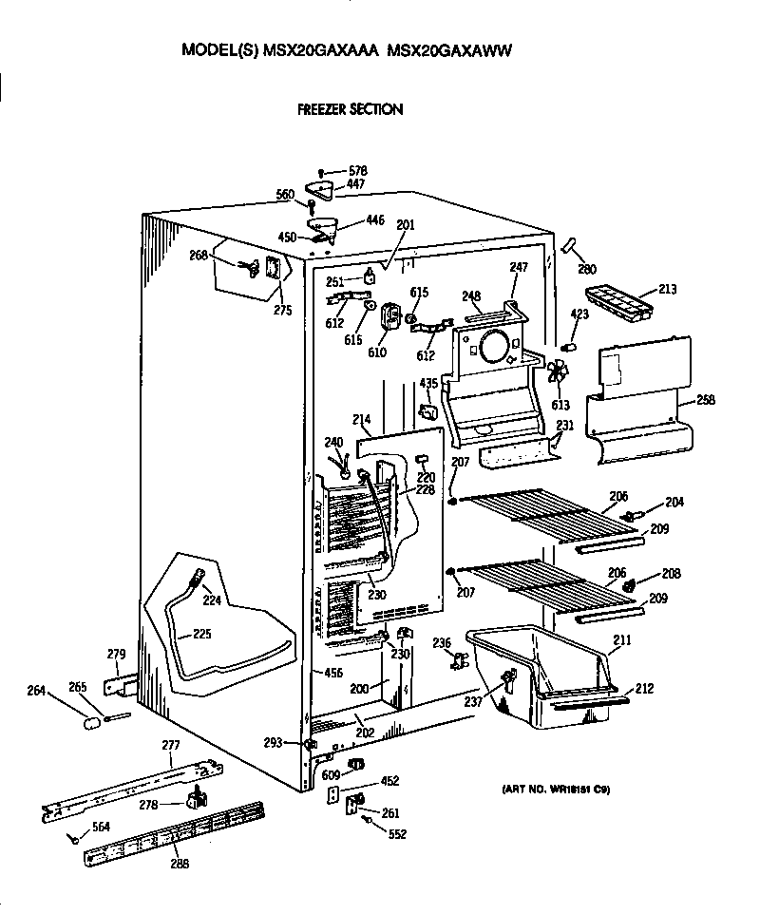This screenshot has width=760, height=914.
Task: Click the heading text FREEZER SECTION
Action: [x=350, y=109]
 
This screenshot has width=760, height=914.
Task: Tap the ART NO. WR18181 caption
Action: [x=556, y=789]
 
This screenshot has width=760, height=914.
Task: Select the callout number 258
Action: [x=706, y=400]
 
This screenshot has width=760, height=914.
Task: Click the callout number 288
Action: [x=179, y=863]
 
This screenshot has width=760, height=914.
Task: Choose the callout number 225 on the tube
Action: [x=201, y=633]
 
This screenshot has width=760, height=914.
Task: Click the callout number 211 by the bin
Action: [x=621, y=641]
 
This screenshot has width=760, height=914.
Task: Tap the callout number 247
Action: [x=519, y=268]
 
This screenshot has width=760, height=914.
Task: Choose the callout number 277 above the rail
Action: [x=170, y=745]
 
